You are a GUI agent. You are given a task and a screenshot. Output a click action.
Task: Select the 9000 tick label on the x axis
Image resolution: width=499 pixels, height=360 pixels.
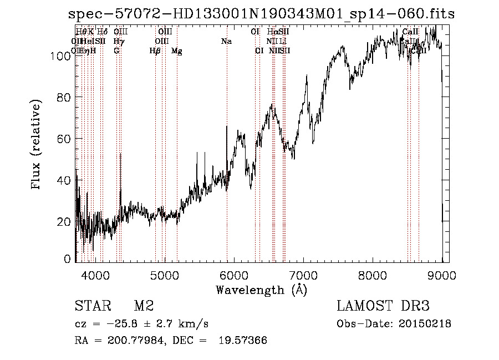442,275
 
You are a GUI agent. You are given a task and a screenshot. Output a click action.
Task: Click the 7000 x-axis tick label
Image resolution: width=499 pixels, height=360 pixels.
303,275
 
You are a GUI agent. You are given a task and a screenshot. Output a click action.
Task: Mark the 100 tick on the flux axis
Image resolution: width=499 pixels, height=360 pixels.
64,56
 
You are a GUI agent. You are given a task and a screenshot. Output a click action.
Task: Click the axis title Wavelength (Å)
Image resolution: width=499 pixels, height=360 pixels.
261,290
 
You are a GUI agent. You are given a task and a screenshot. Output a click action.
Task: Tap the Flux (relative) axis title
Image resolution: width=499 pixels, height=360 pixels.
37,145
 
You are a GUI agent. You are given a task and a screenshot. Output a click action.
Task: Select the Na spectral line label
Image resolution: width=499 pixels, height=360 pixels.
226,42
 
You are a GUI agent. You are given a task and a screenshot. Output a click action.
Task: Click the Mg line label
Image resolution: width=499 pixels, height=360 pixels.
177,51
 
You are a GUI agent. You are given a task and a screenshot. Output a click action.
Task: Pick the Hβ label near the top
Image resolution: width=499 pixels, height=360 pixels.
155,51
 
